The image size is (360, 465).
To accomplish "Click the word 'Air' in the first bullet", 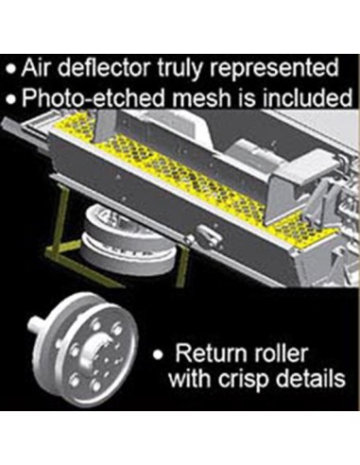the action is tap(36, 68).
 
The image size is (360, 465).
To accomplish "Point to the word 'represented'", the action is tap(274, 70).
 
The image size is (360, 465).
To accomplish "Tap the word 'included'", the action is tap(307, 97).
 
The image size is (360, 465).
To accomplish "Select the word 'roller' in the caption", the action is tap(276, 353).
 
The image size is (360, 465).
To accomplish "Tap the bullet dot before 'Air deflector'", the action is tap(11, 70).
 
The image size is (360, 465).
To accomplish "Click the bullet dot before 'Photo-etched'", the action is tap(11, 99).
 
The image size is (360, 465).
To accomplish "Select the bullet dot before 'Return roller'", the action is tap(158, 356).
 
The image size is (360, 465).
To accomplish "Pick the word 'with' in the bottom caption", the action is tap(190, 378).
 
